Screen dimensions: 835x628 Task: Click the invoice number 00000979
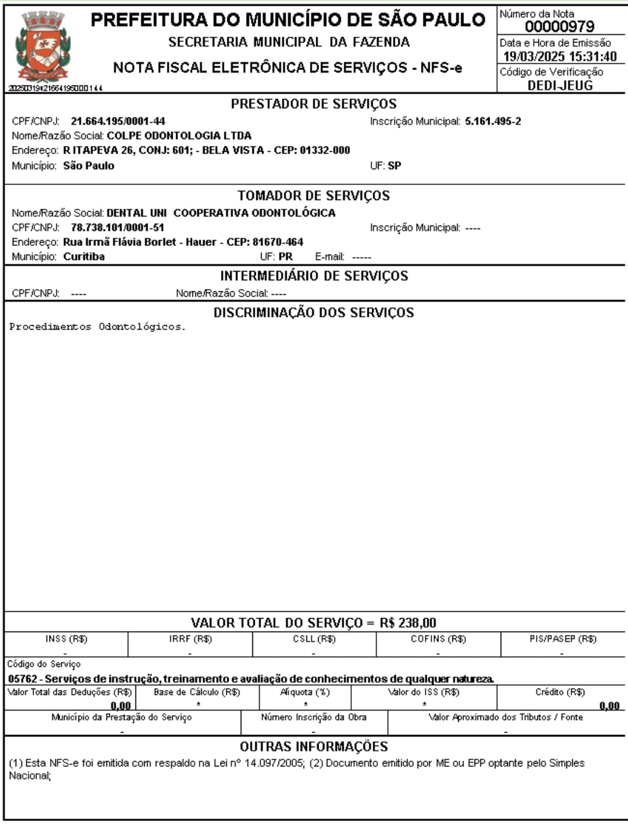pyautogui.click(x=559, y=27)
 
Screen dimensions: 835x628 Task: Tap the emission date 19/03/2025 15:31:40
pyautogui.click(x=559, y=57)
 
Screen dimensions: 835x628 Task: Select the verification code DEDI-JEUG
pyautogui.click(x=560, y=85)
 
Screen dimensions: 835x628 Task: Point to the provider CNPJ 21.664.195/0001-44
pyautogui.click(x=118, y=122)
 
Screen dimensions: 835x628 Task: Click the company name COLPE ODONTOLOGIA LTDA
pyautogui.click(x=179, y=136)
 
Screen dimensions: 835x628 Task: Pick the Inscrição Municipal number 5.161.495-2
pyautogui.click(x=493, y=122)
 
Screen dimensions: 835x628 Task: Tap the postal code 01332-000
pyautogui.click(x=325, y=151)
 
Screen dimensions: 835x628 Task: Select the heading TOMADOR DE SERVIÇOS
pyautogui.click(x=313, y=196)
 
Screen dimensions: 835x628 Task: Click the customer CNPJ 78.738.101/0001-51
pyautogui.click(x=117, y=228)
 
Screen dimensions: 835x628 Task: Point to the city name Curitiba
pyautogui.click(x=84, y=257)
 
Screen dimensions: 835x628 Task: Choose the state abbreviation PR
pyautogui.click(x=286, y=257)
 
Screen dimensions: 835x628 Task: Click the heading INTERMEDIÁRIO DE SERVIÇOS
pyautogui.click(x=314, y=276)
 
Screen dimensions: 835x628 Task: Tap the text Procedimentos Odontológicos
pyautogui.click(x=97, y=327)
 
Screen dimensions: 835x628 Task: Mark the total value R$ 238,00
pyautogui.click(x=408, y=623)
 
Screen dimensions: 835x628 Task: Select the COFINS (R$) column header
pyautogui.click(x=438, y=639)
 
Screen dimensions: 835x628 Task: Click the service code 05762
pyautogui.click(x=22, y=679)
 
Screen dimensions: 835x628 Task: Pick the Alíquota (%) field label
pyautogui.click(x=305, y=693)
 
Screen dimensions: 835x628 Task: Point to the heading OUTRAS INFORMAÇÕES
pyautogui.click(x=313, y=747)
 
